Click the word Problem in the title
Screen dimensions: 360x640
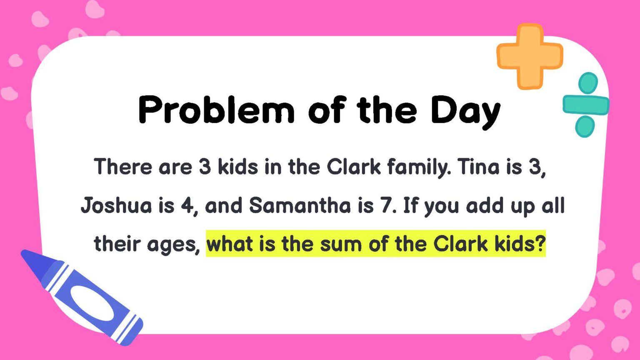(x=216, y=110)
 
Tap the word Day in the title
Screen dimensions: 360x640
(x=465, y=111)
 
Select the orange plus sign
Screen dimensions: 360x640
(x=529, y=56)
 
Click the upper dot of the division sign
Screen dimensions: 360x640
(x=588, y=83)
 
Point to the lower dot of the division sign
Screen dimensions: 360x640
(x=585, y=127)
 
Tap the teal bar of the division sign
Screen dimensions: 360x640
(x=585, y=105)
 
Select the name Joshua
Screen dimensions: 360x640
(x=116, y=206)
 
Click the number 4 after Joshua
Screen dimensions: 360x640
(x=185, y=206)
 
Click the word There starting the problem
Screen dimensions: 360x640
(x=123, y=167)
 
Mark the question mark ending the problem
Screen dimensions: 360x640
(x=540, y=244)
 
